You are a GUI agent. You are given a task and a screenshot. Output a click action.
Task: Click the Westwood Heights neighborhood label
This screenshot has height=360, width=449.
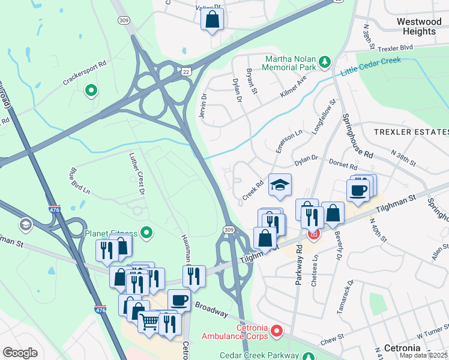(416, 26)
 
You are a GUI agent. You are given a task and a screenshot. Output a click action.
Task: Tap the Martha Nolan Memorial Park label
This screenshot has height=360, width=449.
(292, 62)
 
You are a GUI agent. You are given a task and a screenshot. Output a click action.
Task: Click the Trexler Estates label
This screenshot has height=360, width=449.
(411, 131)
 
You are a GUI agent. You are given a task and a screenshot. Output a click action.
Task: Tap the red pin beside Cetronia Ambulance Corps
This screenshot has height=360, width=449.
(277, 330)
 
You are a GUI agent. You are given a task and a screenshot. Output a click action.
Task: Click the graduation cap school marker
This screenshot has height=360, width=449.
(280, 185)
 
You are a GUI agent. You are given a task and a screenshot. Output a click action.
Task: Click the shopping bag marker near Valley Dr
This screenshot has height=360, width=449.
(212, 20)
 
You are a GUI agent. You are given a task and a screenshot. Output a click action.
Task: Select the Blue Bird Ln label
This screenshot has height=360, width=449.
(79, 182)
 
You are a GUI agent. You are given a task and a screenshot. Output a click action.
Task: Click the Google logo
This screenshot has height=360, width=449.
(20, 353)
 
